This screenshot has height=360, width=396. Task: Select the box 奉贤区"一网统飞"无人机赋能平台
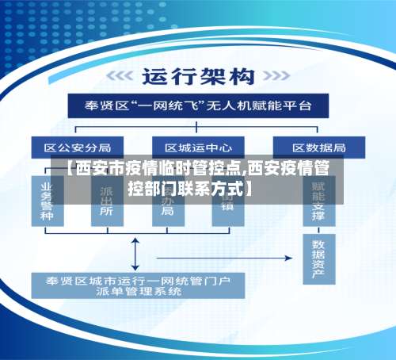coord(198,105)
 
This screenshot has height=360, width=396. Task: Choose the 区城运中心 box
coord(198,147)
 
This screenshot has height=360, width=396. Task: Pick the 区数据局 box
coord(318,147)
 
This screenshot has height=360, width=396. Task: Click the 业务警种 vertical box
coord(48,202)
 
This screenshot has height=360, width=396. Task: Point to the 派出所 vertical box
coord(107,205)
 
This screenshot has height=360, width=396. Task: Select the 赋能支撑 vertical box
coord(318,198)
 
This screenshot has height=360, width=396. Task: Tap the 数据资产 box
coord(318,259)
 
